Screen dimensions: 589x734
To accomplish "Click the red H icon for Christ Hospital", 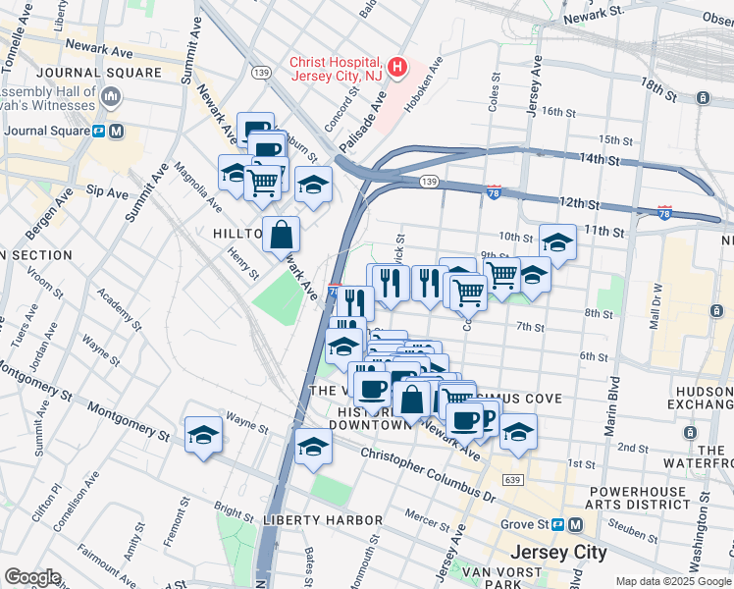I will tap(397, 67).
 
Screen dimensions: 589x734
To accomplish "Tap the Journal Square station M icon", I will tap(116, 131).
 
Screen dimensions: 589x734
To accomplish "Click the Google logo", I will tap(32, 577).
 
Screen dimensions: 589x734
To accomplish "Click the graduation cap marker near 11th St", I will tap(557, 241).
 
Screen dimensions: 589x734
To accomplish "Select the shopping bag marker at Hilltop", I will tap(281, 235).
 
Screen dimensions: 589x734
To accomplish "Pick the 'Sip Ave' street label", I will tap(107, 191).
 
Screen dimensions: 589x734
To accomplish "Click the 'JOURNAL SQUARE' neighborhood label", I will tap(98, 73).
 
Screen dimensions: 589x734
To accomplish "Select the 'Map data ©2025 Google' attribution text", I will tap(671, 580).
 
